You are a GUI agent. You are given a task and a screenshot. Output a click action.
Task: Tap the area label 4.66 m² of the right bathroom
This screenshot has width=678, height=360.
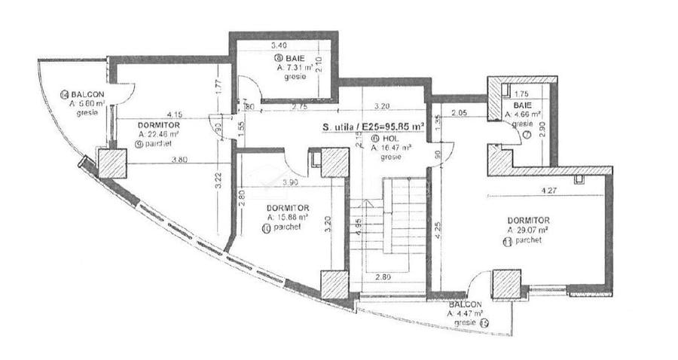[521, 114]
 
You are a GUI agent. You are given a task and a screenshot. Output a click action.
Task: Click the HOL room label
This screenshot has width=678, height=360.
[389, 139]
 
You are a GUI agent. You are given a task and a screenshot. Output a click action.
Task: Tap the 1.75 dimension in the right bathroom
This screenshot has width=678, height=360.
[522, 93]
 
